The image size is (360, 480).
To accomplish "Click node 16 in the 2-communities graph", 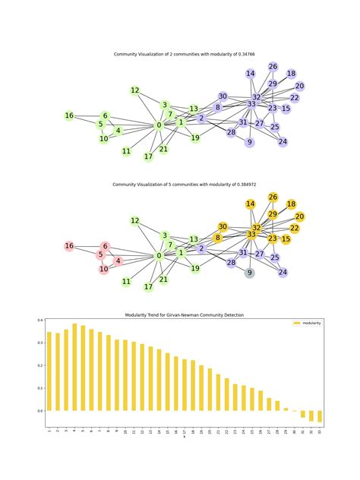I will click(x=69, y=115).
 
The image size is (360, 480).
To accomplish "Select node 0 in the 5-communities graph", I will click(x=159, y=256).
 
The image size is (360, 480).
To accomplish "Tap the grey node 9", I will click(x=249, y=273).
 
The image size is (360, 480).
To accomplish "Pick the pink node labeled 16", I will click(x=69, y=246).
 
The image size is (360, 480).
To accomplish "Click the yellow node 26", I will click(x=273, y=197).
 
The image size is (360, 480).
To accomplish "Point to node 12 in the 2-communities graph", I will click(x=134, y=90).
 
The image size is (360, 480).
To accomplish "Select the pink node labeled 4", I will click(x=118, y=261).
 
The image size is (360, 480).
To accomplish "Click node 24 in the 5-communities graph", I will click(x=283, y=272).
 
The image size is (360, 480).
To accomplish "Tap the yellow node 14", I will click(x=250, y=204).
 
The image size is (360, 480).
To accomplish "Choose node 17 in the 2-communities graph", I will click(x=148, y=156).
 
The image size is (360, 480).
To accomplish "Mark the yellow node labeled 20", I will click(x=299, y=216).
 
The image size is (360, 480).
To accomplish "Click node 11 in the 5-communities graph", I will click(x=126, y=282).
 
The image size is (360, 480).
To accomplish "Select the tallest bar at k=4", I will click(x=74, y=367).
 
